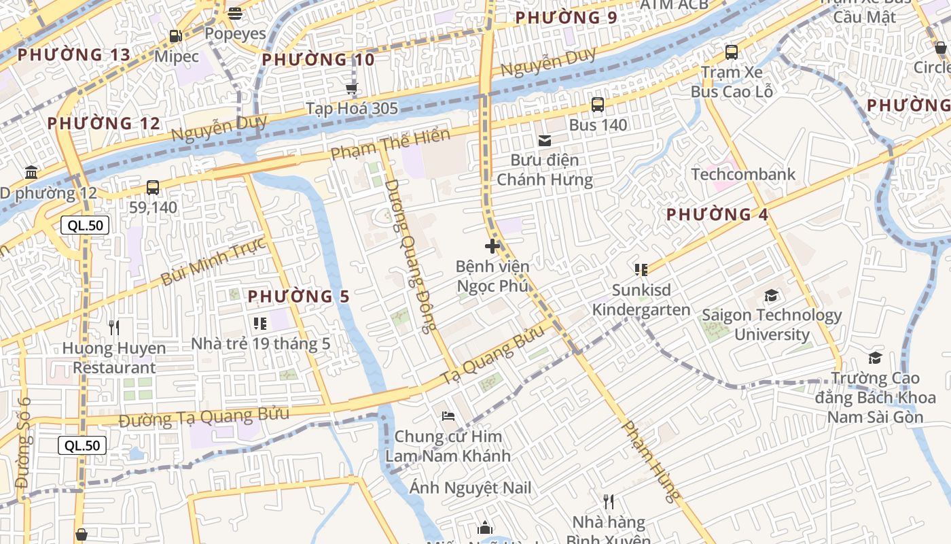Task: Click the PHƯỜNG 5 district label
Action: [x=298, y=296]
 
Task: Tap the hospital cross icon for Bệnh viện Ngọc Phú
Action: [x=492, y=246]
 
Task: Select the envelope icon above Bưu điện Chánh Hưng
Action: [x=545, y=141]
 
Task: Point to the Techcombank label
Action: [x=743, y=174]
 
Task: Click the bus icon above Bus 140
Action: [x=598, y=105]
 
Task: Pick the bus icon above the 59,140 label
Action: [x=153, y=187]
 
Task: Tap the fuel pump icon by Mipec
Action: [x=175, y=36]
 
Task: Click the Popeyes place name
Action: [x=235, y=33]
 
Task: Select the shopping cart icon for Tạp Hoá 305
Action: [x=351, y=88]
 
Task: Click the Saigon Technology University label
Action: [x=772, y=324]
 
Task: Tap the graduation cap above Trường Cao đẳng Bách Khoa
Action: [x=875, y=358]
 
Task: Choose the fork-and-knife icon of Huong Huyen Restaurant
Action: [x=114, y=328]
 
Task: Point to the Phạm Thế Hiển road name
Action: [x=391, y=145]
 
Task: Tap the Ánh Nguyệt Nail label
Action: [x=470, y=488]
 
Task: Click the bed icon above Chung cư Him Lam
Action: [x=448, y=415]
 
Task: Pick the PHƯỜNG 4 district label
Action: [x=717, y=215]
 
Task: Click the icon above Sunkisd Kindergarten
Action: [x=641, y=270]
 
